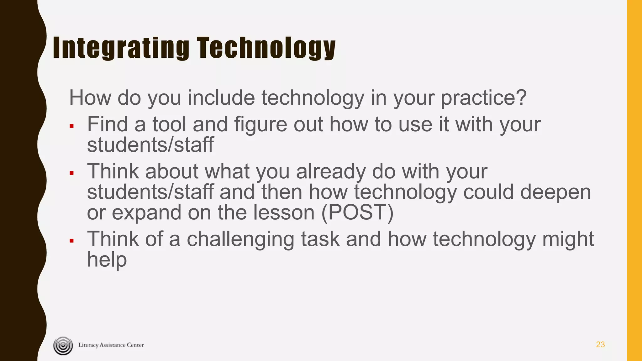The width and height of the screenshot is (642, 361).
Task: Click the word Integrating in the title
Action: tap(121, 48)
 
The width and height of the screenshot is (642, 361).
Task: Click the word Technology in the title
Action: tap(266, 48)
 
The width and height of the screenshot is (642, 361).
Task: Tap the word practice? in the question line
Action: tap(484, 98)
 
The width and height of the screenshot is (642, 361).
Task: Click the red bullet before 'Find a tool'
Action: tap(72, 126)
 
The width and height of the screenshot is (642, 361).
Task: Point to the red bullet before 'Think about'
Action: tap(72, 173)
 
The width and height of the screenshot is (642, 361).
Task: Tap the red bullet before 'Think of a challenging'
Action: tap(72, 241)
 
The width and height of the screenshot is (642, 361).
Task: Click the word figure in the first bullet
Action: tap(260, 125)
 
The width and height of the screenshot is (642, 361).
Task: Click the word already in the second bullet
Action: tap(331, 172)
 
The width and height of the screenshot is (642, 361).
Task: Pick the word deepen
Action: tap(555, 192)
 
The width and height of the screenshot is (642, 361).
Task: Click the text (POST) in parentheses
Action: tap(357, 213)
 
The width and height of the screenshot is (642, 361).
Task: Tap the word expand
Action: tap(147, 213)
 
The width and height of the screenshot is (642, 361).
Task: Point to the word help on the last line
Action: tap(107, 260)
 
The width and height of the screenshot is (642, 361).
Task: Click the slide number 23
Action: tap(600, 345)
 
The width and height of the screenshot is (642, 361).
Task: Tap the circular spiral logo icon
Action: tap(63, 346)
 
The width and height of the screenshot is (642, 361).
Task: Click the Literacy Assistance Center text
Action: tap(111, 345)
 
